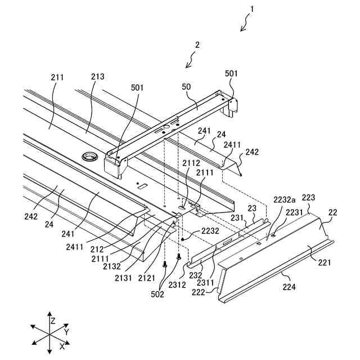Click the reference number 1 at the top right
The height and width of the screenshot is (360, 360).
pyautogui.click(x=251, y=9)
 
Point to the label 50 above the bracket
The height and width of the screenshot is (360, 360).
pyautogui.click(x=186, y=87)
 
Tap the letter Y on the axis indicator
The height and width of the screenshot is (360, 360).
pyautogui.click(x=66, y=332)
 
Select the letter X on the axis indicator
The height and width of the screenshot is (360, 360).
pyautogui.click(x=62, y=347)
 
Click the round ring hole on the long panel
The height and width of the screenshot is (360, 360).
pyautogui.click(x=89, y=156)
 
